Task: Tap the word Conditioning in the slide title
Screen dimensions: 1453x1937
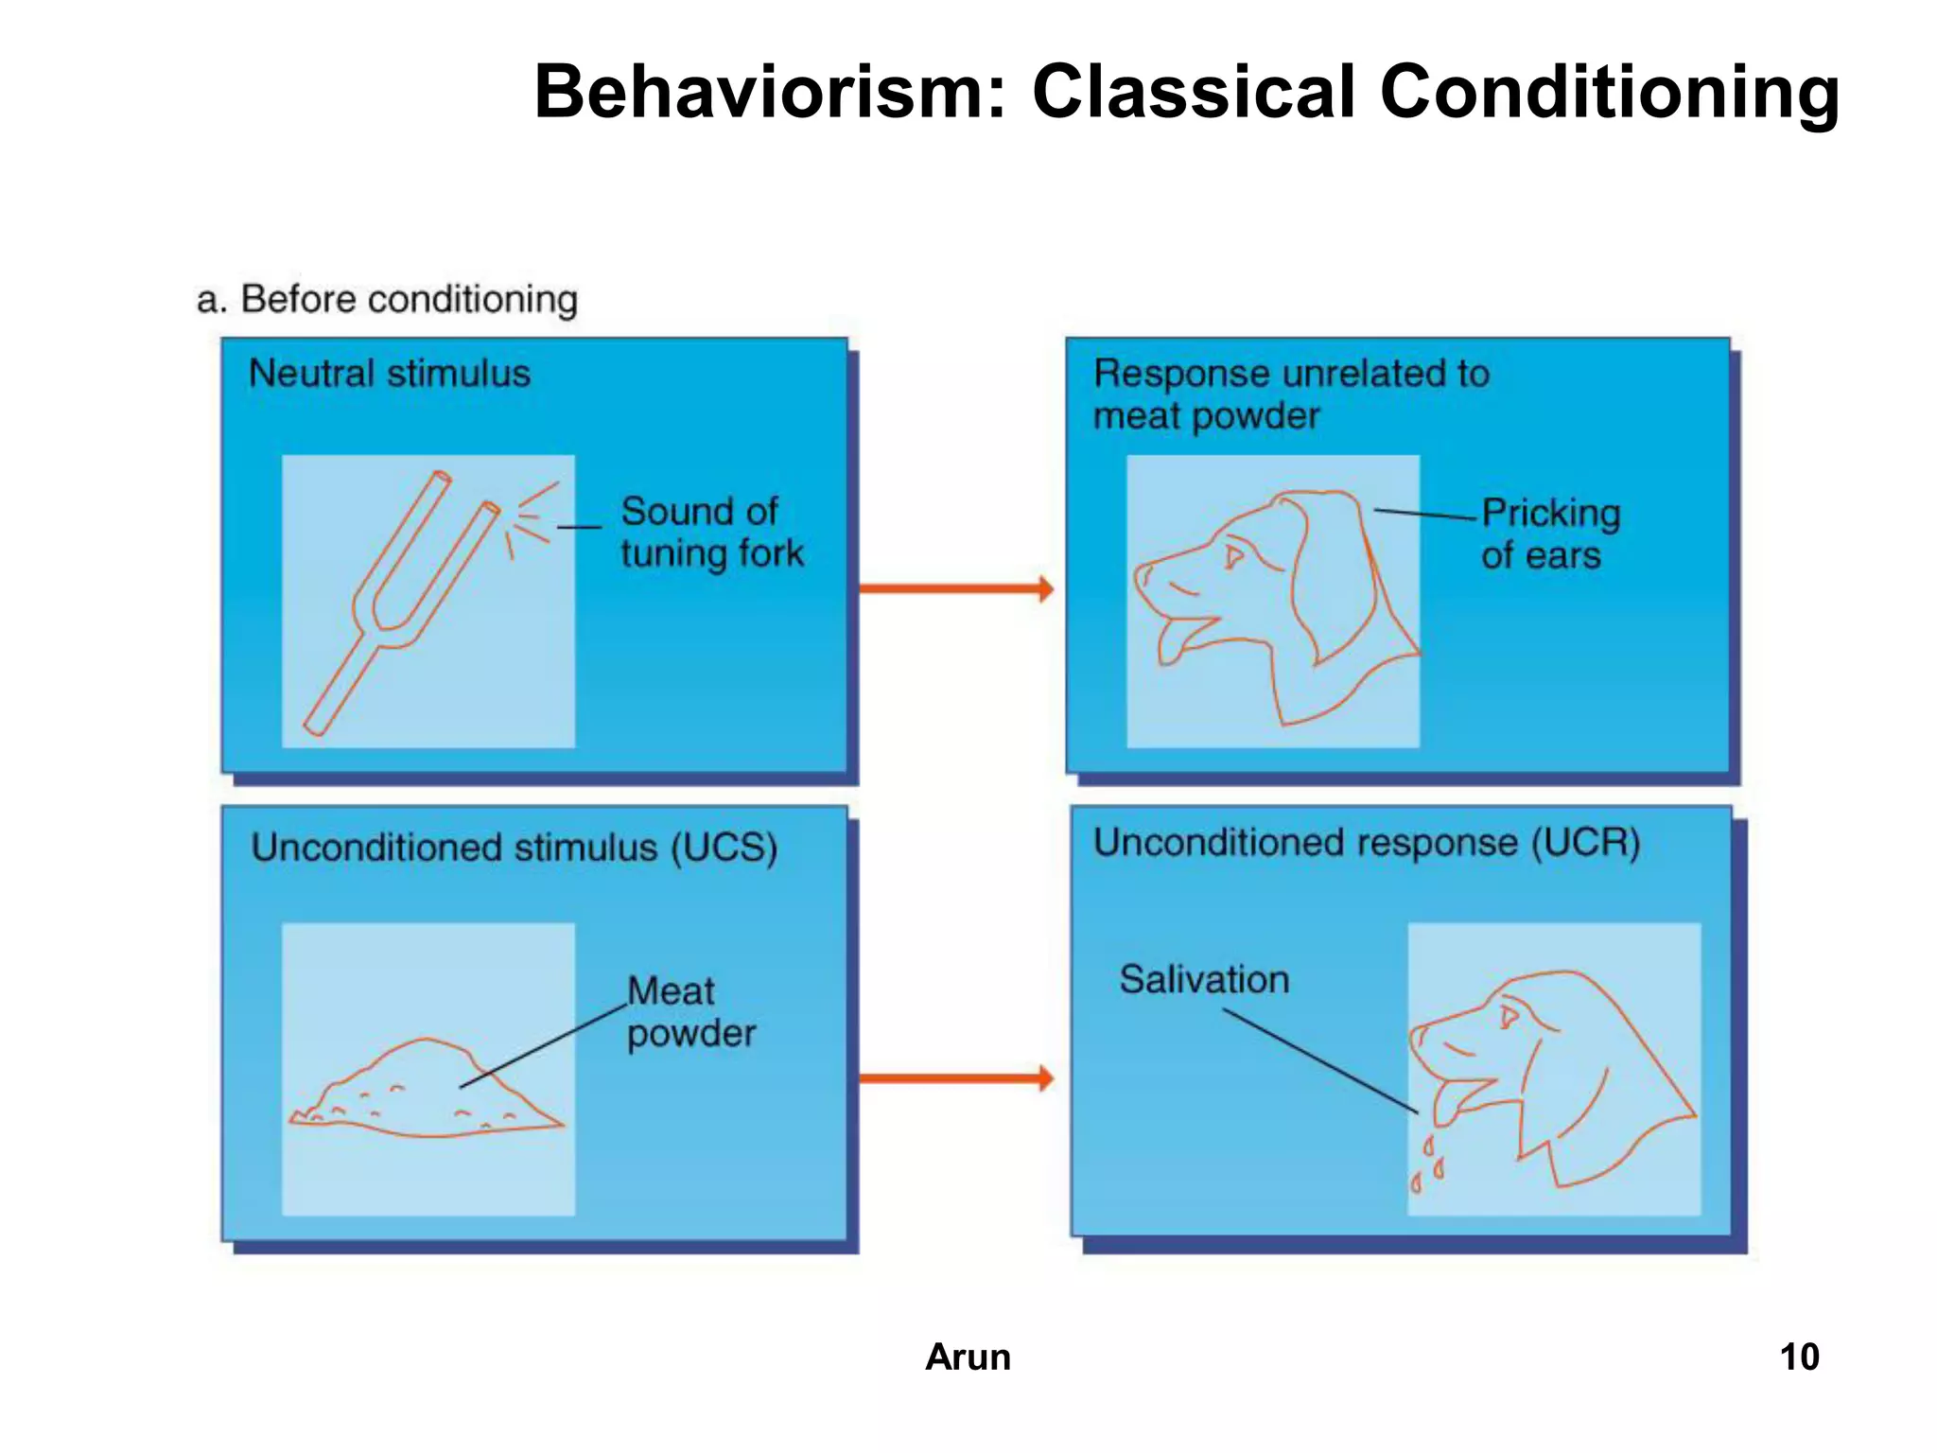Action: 1609,92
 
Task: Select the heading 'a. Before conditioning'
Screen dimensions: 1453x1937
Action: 387,299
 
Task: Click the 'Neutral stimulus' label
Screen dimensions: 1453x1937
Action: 389,374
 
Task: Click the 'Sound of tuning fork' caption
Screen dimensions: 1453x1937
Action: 710,533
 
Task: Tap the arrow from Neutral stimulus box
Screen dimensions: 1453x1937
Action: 955,588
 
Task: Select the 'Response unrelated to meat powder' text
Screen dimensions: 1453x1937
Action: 1290,394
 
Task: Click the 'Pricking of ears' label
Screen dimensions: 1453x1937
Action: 1548,534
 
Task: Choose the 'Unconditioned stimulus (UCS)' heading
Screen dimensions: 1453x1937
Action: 514,848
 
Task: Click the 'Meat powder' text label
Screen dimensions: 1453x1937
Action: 690,1012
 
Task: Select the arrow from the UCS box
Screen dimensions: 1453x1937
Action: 955,1077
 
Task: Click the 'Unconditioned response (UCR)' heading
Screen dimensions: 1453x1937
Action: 1366,843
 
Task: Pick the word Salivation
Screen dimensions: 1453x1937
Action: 1204,980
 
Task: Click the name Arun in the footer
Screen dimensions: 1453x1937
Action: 968,1357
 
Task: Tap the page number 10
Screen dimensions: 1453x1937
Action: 1799,1357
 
